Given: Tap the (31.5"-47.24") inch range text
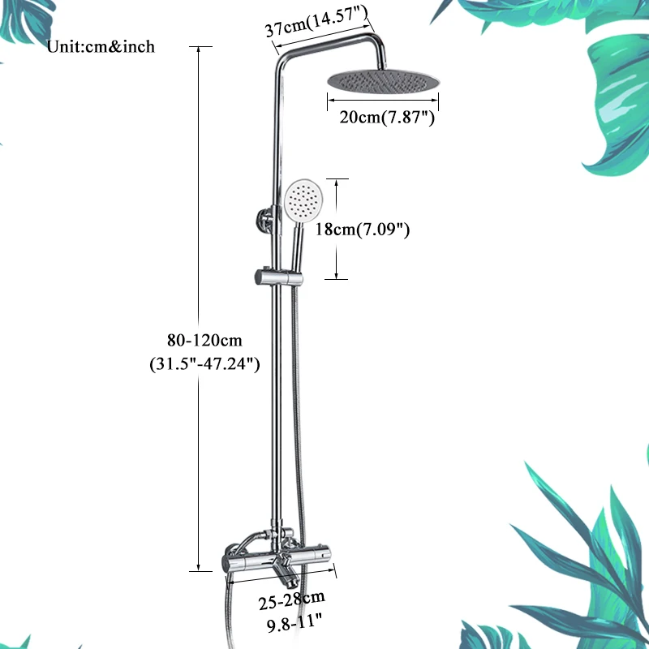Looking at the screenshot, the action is click(x=204, y=364).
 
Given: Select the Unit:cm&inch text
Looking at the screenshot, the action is click(x=101, y=47).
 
